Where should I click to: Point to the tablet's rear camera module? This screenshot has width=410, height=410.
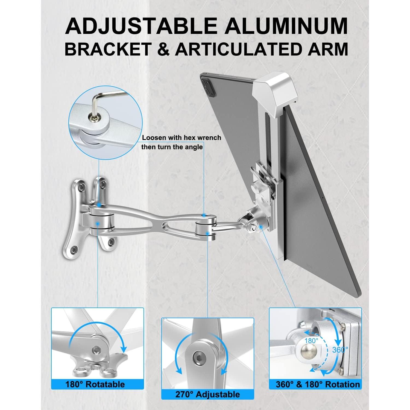[207, 83]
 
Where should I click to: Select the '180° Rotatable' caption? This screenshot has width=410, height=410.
[95, 384]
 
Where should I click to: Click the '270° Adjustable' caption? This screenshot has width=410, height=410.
[207, 394]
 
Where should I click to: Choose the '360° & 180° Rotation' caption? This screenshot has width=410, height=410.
[318, 384]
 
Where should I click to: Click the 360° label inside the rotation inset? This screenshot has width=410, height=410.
[340, 349]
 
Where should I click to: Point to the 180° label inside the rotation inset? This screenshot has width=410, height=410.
[311, 341]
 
